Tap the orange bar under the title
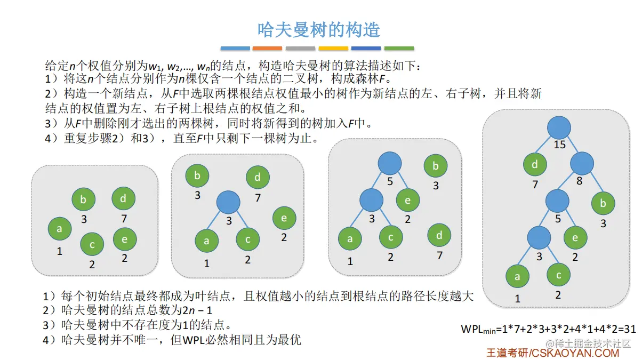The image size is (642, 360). click(267, 49)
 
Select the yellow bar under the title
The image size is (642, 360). click(333, 49)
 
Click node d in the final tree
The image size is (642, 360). click(535, 165)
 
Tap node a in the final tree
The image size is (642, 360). click(517, 277)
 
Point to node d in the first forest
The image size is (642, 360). click(123, 198)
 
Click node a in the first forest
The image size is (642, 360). click(60, 229)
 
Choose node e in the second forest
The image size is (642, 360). click(284, 218)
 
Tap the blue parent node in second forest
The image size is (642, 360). click(229, 203)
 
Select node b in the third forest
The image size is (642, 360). click(436, 166)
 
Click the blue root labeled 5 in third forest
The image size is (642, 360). click(390, 163)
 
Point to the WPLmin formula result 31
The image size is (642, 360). click(630, 329)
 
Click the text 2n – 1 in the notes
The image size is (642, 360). click(194, 310)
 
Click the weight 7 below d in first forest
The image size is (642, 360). click(124, 219)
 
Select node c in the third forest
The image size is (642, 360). click(391, 237)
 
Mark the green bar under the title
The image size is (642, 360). click(399, 49)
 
